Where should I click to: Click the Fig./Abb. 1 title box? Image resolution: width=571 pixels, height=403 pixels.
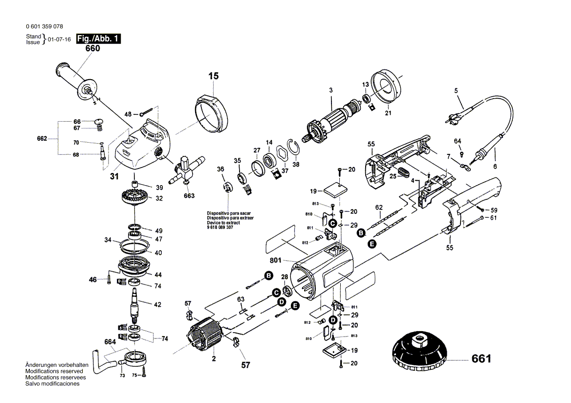point(98,39)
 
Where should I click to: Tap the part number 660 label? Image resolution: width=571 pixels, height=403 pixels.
point(92,49)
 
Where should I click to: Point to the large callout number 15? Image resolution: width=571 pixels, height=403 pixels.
point(213,76)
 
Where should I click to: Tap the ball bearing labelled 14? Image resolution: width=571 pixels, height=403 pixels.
point(269,160)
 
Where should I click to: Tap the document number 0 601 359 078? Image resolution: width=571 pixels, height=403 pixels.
point(45,27)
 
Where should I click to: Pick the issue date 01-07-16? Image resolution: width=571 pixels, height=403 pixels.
point(60,40)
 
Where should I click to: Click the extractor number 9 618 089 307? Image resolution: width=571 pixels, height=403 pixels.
point(220,227)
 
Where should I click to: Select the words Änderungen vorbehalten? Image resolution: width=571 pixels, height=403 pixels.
point(57,365)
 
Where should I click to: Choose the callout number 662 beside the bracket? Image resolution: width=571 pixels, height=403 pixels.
point(42,139)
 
